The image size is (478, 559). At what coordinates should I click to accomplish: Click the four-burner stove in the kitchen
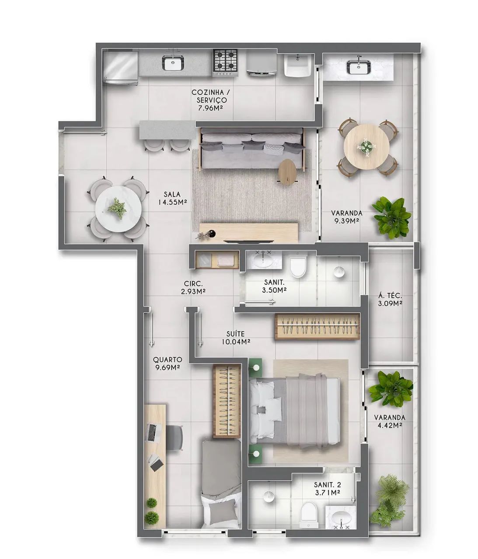point(225,63)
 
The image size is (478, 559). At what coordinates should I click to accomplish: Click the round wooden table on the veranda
point(366,147)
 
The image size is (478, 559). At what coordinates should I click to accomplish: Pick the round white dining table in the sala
point(119,209)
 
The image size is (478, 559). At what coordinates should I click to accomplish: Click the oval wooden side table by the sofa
point(288,172)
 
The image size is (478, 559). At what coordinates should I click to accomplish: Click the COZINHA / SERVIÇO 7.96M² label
point(211,100)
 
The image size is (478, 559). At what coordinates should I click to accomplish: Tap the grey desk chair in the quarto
point(174,438)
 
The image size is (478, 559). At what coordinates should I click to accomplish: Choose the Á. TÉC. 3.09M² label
point(390,300)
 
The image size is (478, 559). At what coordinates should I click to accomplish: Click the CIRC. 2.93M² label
point(193,287)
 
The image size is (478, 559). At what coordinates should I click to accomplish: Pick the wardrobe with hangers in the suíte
point(318,326)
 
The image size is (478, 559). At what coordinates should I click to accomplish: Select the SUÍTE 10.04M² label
point(236,338)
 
